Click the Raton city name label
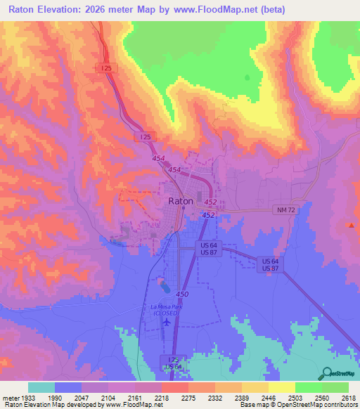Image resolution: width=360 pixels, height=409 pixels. [181, 200]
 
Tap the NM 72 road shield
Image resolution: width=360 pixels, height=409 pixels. [283, 210]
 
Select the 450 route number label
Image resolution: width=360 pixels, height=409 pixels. [183, 294]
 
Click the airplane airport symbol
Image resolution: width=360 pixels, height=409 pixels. [166, 322]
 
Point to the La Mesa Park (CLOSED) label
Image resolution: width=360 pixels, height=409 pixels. [166, 309]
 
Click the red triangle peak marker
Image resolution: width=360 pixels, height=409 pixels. [351, 225]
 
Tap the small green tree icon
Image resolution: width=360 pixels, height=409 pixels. [247, 77]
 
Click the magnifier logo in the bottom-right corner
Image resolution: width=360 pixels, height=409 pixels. [326, 373]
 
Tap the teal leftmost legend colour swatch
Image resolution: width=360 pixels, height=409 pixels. [41, 387]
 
